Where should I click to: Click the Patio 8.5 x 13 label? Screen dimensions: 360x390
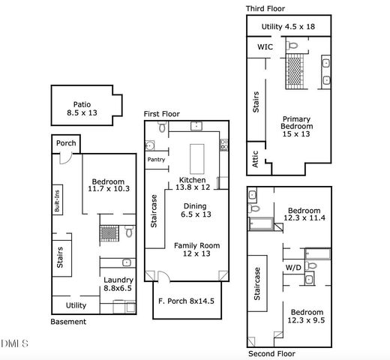pyautogui.click(x=82, y=110)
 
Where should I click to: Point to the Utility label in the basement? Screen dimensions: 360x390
pyautogui.click(x=76, y=306)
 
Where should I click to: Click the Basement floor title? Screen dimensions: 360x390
pyautogui.click(x=68, y=322)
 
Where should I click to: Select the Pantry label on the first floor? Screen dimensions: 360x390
pyautogui.click(x=156, y=160)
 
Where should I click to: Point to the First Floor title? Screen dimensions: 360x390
pyautogui.click(x=162, y=113)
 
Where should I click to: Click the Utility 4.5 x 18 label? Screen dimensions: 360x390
pyautogui.click(x=289, y=27)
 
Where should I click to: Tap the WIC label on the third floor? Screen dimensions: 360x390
pyautogui.click(x=265, y=46)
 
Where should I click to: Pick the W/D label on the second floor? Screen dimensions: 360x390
pyautogui.click(x=293, y=267)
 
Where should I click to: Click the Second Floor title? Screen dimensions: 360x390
pyautogui.click(x=271, y=353)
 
